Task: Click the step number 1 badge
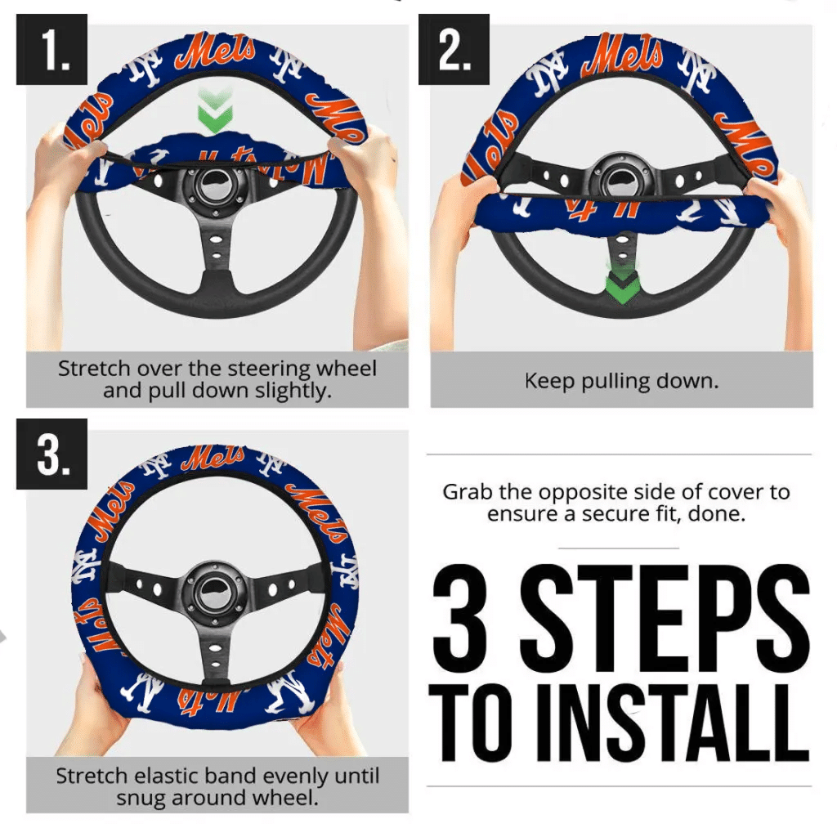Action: pos(51,49)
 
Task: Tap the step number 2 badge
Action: pos(454,49)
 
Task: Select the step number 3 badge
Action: pos(51,454)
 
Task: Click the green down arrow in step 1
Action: pos(215,111)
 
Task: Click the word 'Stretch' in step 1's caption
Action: pos(94,369)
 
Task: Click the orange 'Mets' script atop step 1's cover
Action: pos(215,51)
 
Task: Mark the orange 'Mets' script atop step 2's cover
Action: pos(622,53)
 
